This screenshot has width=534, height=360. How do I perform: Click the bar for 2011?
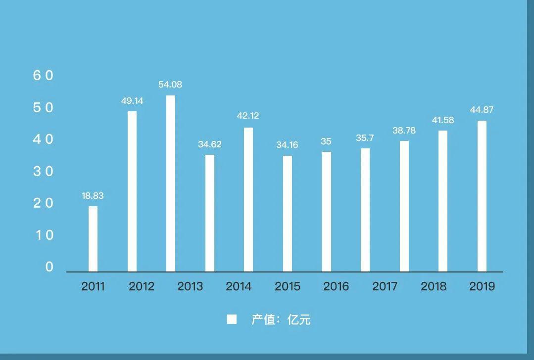[x=93, y=239]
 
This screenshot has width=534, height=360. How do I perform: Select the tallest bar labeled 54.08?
[x=171, y=183]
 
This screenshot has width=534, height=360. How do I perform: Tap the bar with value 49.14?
[x=132, y=191]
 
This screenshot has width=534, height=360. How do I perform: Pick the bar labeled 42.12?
[x=248, y=200]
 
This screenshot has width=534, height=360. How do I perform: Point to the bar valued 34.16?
[x=288, y=214]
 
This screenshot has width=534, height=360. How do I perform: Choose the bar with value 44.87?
[x=482, y=196]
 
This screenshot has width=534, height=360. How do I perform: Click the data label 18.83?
[x=93, y=196]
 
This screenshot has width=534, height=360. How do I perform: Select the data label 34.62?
[x=210, y=144]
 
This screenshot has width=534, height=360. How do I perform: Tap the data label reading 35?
[x=326, y=141]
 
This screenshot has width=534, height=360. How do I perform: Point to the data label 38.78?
[x=404, y=131]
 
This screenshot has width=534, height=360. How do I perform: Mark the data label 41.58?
[x=442, y=120]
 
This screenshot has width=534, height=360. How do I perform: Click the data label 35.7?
[x=365, y=138]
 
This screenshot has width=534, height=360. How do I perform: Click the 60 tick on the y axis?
[x=43, y=76]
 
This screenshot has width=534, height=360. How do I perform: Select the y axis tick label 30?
[x=43, y=172]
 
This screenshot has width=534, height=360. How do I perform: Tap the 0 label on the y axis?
[x=49, y=267]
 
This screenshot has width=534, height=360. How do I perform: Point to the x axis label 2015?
[x=288, y=286]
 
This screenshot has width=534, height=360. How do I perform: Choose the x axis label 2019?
[x=482, y=286]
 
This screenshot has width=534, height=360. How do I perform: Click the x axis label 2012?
[x=142, y=286]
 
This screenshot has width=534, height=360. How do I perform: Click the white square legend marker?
[x=232, y=319]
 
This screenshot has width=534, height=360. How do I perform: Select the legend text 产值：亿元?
[x=281, y=319]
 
